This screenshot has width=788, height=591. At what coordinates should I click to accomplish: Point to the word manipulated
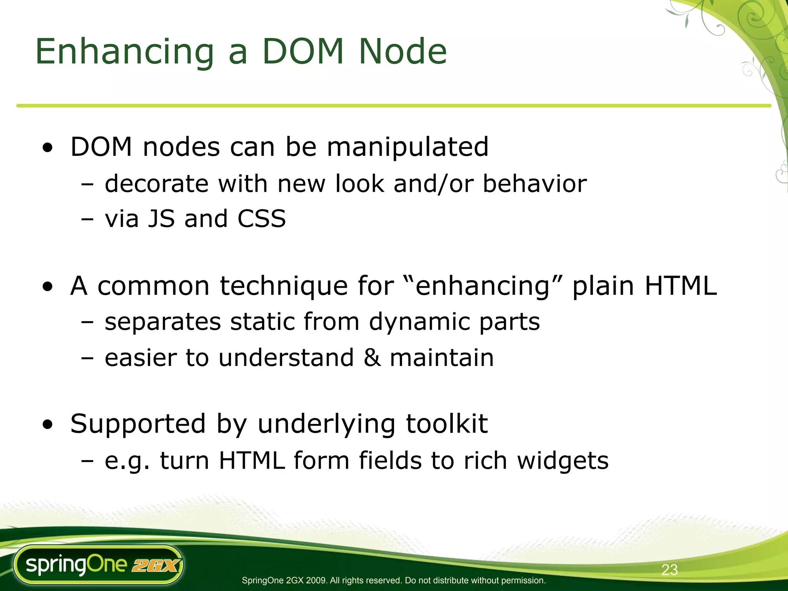pos(407,147)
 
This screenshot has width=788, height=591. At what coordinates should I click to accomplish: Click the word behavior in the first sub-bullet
pos(534,184)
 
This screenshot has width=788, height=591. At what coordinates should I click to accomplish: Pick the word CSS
pos(261,219)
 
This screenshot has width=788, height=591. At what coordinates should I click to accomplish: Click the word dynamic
pos(419,322)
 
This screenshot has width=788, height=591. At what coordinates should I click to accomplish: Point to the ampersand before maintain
pos(372,357)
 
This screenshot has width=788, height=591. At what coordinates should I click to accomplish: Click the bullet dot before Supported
pos(48,425)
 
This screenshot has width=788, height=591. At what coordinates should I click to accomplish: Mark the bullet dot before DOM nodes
pos(48,148)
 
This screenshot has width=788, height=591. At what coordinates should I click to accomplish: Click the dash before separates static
pos(87,322)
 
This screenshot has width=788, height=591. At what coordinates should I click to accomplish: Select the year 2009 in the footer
pos(316,580)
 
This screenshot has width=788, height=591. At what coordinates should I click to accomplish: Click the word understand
pos(286,357)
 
